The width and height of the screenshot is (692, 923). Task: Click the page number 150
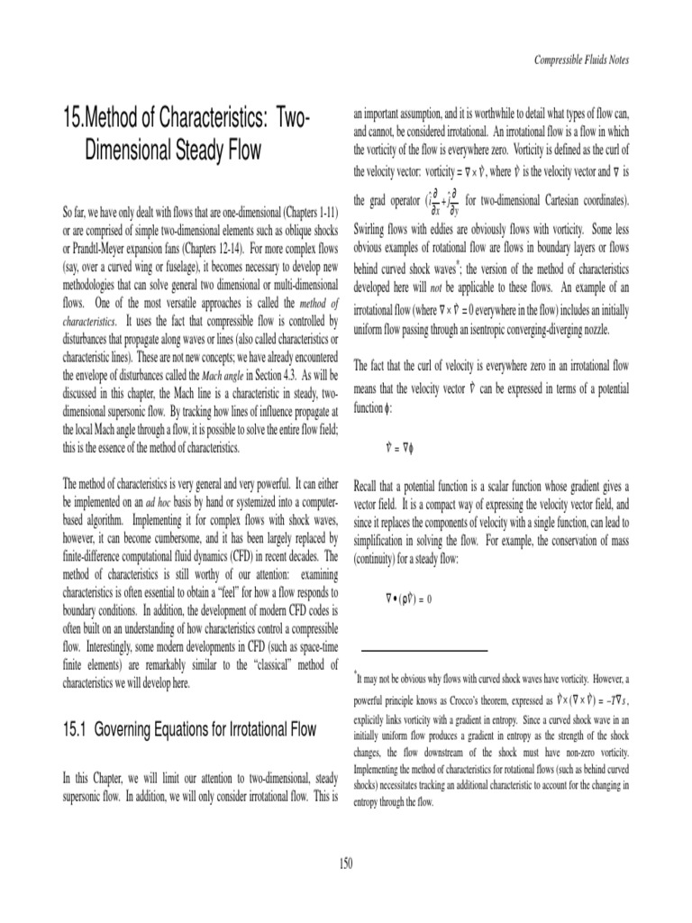[x=345, y=864]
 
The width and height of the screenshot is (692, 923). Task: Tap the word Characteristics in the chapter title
[x=201, y=118]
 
